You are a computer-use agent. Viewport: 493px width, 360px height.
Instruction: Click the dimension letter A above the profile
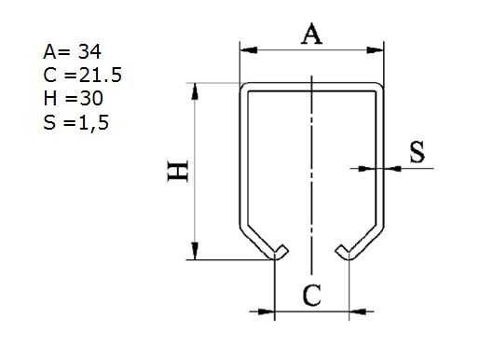(x=312, y=35)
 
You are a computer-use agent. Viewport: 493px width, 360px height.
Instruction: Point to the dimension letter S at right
(x=418, y=153)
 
